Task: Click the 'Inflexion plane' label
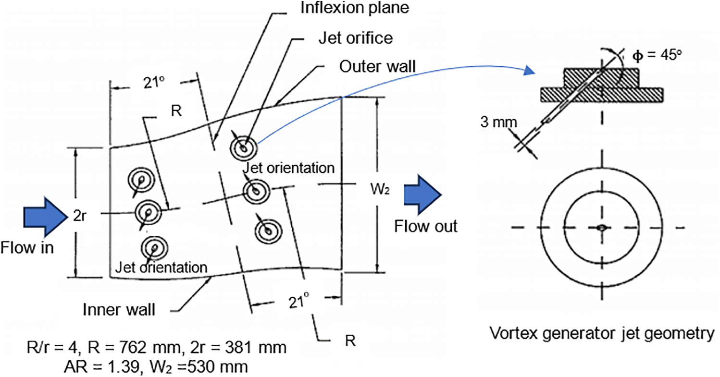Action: tap(355, 8)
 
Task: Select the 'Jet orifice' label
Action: tap(356, 38)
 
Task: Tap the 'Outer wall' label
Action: tap(377, 66)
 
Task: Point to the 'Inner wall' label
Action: tap(119, 310)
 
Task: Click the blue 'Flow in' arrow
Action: tap(46, 217)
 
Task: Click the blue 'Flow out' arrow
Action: tap(422, 195)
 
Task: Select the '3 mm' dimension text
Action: tap(498, 122)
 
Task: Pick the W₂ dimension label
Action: tap(380, 189)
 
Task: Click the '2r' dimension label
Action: tap(80, 216)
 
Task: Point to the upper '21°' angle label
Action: tap(154, 83)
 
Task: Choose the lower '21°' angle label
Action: tap(298, 301)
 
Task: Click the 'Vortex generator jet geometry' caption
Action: tap(602, 334)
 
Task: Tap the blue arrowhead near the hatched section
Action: tap(529, 70)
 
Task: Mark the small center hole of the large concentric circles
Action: tap(602, 228)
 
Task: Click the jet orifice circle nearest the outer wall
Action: tap(244, 148)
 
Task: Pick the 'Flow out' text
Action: tap(425, 226)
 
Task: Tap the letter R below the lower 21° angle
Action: tap(350, 341)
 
